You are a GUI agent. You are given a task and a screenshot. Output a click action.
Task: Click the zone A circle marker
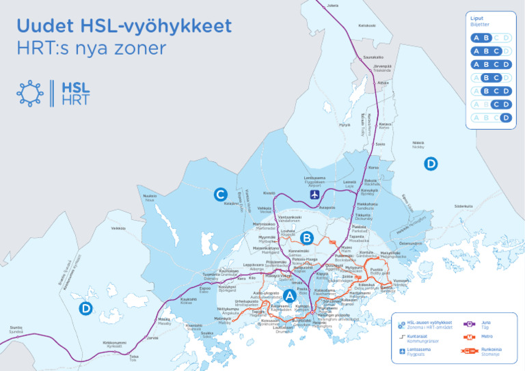click(289, 296)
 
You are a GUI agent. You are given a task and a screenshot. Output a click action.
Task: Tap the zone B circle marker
click(307, 238)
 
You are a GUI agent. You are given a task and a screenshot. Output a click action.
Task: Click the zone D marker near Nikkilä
click(430, 163)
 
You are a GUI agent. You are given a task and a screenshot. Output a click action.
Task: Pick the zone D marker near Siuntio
click(85, 308)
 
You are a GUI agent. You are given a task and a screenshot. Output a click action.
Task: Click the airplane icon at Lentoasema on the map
click(314, 195)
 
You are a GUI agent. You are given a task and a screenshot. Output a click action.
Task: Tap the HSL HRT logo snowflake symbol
click(30, 93)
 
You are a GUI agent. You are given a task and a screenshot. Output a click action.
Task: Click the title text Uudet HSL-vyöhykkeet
click(124, 27)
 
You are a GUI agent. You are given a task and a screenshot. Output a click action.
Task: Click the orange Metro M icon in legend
click(470, 337)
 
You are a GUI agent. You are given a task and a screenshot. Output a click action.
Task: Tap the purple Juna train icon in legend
click(470, 324)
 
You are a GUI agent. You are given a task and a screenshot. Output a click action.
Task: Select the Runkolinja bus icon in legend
click(470, 351)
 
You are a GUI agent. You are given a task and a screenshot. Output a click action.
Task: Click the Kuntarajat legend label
click(422, 337)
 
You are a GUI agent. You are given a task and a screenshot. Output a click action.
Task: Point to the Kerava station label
click(384, 126)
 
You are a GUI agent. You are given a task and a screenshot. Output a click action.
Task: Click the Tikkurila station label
click(363, 216)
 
